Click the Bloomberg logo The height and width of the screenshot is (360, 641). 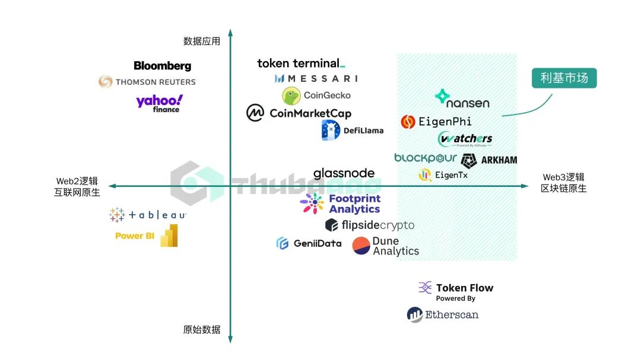point(162,66)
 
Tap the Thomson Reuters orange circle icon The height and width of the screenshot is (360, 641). point(106,81)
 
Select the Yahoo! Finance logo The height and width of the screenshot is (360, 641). point(159,103)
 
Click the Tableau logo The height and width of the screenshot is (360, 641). point(148,215)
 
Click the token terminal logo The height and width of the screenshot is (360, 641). point(301,63)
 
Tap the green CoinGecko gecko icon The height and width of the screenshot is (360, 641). point(291,95)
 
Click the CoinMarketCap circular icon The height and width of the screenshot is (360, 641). point(255,113)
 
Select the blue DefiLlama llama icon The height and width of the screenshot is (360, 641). point(330,130)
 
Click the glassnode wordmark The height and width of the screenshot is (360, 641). point(344,173)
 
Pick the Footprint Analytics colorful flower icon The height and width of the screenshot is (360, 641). point(312,203)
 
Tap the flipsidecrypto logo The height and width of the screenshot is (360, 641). point(369,225)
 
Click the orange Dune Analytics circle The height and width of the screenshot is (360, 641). point(361,246)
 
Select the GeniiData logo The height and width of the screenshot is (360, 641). point(309,243)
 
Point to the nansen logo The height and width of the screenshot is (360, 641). point(462,99)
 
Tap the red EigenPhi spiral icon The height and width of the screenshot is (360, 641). point(408,122)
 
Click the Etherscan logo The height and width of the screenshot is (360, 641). point(443,315)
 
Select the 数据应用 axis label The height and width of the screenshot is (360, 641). point(202,41)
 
